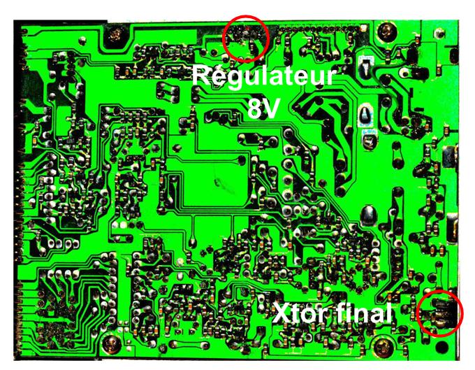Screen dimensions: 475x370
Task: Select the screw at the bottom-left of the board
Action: (x=112, y=343)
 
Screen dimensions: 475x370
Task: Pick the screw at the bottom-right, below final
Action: (x=381, y=345)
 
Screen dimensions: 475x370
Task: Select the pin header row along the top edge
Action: (x=314, y=30)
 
